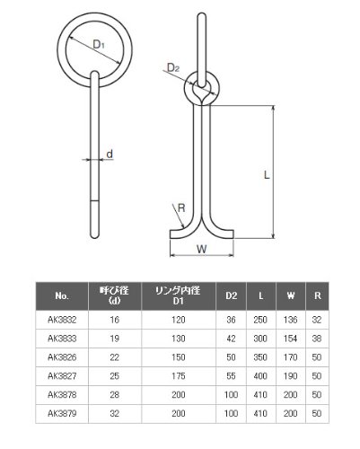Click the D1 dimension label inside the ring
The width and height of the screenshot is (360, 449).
point(99,45)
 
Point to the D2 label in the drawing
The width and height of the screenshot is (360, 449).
point(172,67)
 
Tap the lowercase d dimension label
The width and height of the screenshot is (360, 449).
point(110,154)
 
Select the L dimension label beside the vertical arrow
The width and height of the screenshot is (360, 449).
point(267,175)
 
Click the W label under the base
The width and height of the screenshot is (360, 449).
point(202,249)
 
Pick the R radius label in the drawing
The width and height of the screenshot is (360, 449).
point(181,208)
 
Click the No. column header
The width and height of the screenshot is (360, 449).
point(62,295)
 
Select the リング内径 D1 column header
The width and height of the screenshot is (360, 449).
point(179,295)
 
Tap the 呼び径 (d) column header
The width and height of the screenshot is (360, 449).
point(115,295)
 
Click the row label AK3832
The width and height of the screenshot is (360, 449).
point(62,320)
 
